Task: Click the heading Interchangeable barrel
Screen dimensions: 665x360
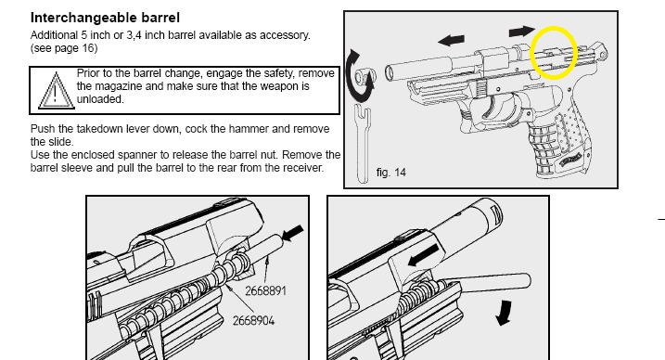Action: (105, 18)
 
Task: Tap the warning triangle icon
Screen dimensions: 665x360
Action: (56, 91)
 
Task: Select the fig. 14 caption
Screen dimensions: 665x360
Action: (390, 173)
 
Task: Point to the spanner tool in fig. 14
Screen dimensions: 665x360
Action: (363, 144)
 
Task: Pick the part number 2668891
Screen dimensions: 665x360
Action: (265, 291)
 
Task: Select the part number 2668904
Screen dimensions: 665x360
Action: (253, 320)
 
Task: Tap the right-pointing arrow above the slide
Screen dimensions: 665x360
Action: (521, 31)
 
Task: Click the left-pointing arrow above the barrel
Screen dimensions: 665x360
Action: (451, 40)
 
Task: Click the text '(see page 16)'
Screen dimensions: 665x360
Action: (64, 48)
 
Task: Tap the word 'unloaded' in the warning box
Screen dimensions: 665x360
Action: (99, 99)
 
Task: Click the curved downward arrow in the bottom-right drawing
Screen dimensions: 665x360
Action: (504, 313)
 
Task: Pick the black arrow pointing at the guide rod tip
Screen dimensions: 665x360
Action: (293, 233)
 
